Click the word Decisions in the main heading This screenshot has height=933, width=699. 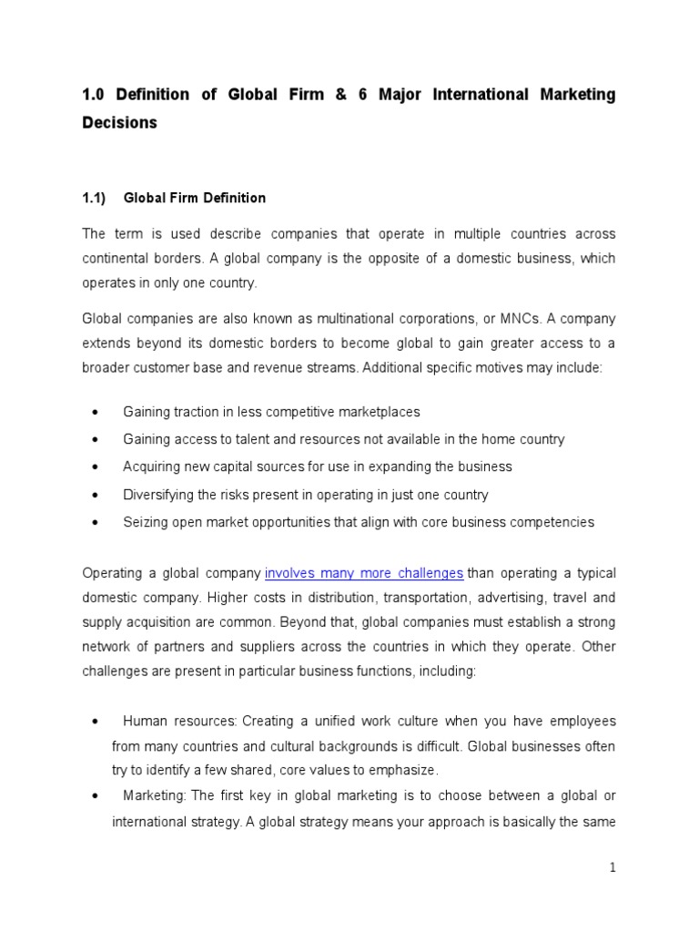click(x=119, y=123)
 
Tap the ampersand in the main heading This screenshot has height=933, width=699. click(x=332, y=95)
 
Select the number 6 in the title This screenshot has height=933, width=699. click(x=362, y=95)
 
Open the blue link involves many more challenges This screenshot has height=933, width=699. click(x=364, y=573)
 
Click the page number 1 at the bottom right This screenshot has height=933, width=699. click(x=613, y=868)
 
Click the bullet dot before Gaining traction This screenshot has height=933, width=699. click(x=95, y=412)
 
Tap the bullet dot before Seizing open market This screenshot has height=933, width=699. click(x=95, y=523)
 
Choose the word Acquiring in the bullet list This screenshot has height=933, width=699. click(x=151, y=466)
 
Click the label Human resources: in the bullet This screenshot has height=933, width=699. click(x=179, y=721)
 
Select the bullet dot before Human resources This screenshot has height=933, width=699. click(x=95, y=722)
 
